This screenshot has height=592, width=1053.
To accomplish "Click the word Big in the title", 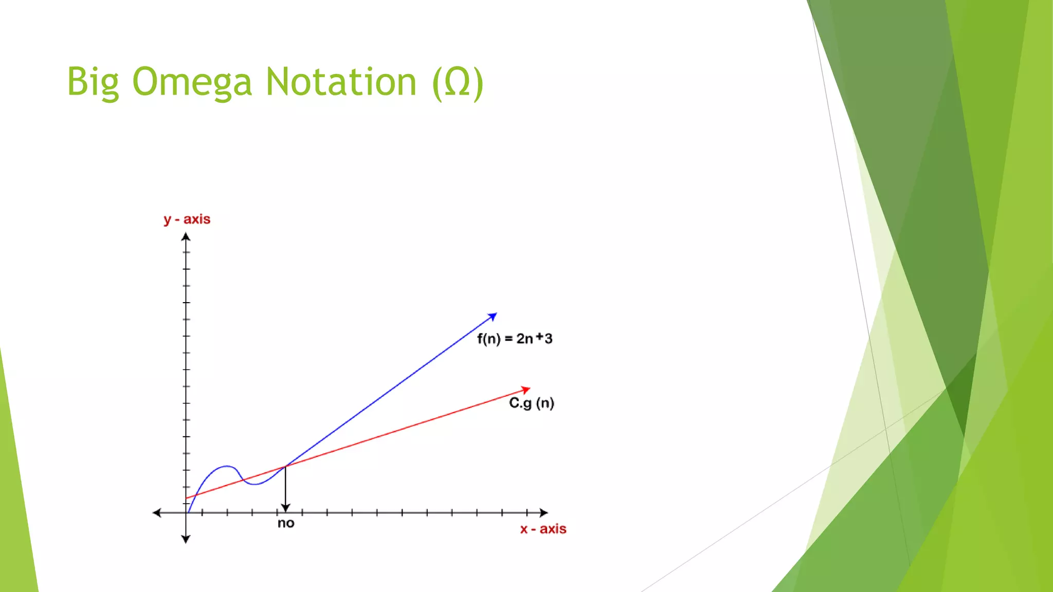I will (93, 82).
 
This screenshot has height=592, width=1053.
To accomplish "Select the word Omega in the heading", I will (192, 82).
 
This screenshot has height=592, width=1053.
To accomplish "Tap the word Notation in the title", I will (340, 82).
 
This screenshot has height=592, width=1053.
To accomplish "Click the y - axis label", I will (187, 219).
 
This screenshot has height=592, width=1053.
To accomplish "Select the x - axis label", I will (543, 529).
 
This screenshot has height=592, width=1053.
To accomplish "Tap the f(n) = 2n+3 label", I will (514, 339).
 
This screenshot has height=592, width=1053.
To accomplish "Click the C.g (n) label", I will (532, 403).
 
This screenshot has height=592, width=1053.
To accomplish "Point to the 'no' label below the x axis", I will (286, 524).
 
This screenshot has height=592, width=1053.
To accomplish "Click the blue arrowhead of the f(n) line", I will (493, 316).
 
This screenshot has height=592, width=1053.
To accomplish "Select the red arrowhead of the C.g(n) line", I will (526, 390).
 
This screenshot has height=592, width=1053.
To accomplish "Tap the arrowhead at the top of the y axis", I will (186, 237).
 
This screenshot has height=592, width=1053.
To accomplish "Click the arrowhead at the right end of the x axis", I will (544, 512).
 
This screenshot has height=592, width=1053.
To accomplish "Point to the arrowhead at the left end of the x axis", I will (157, 512).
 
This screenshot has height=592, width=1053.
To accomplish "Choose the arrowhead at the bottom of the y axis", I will (186, 539).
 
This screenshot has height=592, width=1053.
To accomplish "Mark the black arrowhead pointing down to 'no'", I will (286, 508).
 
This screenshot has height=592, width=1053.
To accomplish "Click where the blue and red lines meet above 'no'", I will (286, 466).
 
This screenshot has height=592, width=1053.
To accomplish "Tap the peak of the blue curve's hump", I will (227, 466).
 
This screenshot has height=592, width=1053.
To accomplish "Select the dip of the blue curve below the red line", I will (256, 484).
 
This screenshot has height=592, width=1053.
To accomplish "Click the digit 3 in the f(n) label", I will (549, 339).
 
